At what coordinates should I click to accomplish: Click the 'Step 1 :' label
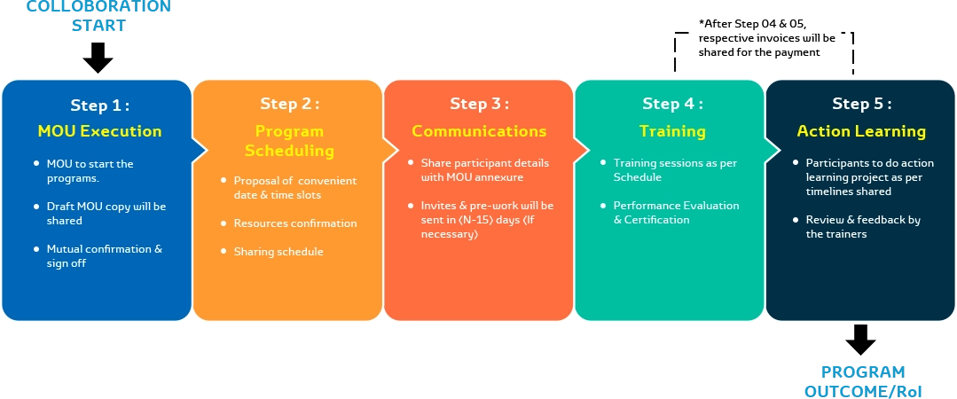coord(99,106)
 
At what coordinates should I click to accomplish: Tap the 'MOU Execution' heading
coord(99,131)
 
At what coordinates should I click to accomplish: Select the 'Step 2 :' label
coord(289,104)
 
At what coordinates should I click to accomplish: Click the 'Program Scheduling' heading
coord(289,141)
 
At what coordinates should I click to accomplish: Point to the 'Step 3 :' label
coord(479,104)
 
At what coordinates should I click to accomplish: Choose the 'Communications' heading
coord(479,131)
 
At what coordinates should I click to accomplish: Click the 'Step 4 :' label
coord(672,104)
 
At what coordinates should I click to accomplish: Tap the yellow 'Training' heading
coord(672,131)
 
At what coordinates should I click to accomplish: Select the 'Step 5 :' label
coord(861,104)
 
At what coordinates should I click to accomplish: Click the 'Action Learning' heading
coord(861,131)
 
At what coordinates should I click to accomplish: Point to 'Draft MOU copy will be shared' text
coord(106,214)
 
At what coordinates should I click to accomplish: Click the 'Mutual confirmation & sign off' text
coord(104,256)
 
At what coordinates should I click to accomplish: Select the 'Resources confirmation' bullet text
coord(295,223)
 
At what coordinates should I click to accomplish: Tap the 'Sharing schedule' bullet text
coord(278,252)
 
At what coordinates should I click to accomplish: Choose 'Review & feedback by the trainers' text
coord(863,227)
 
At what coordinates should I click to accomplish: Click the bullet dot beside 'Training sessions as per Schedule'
coord(603,163)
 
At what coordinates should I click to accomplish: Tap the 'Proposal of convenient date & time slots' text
coord(295,188)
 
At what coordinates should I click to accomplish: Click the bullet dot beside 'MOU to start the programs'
coord(36,164)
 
